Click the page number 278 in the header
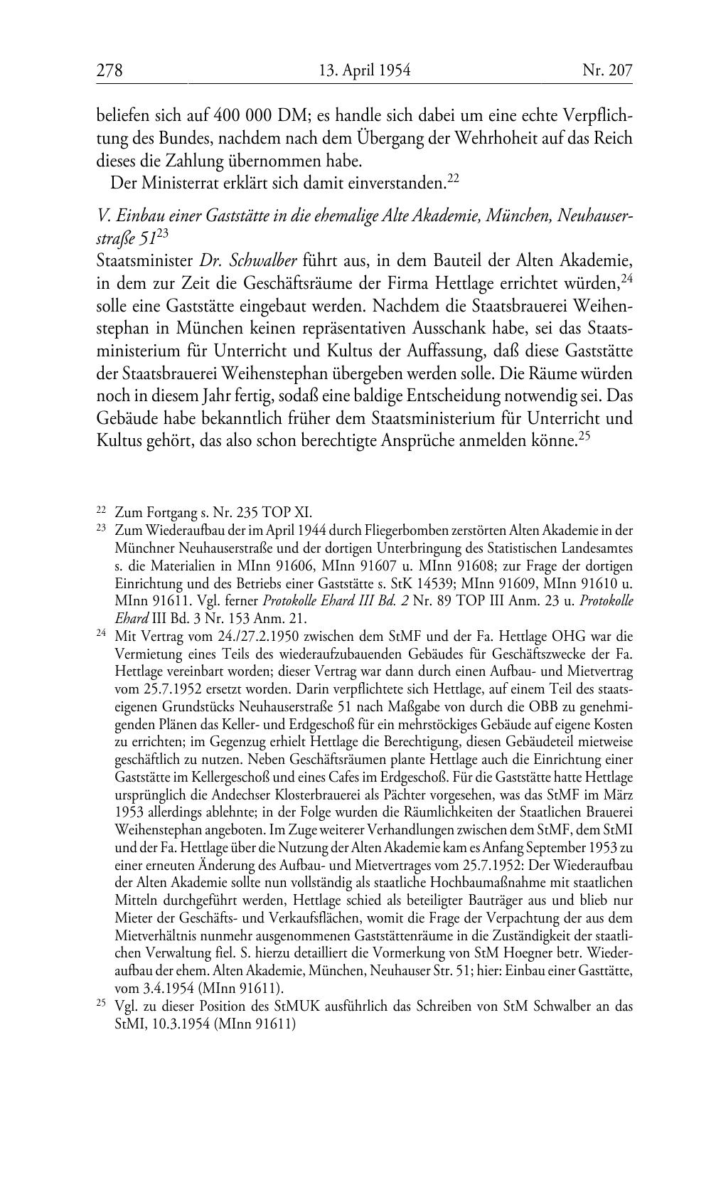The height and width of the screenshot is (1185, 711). point(109,70)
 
